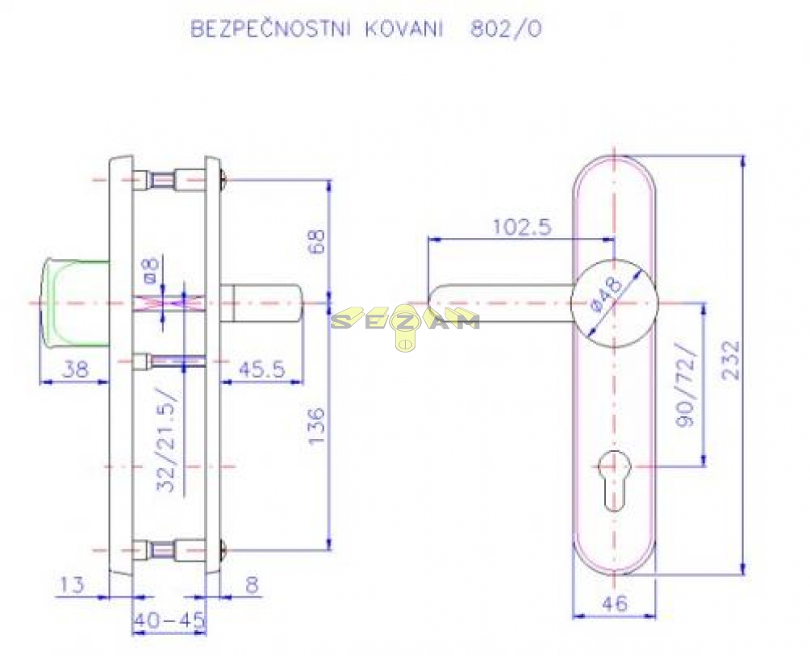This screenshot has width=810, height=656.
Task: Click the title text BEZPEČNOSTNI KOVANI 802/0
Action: tap(365, 29)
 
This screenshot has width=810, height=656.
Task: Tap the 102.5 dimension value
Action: tap(521, 228)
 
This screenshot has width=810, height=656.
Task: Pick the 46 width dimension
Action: tap(614, 604)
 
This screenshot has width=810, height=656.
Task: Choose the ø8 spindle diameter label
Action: tap(151, 270)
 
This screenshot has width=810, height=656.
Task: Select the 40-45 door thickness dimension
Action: tap(169, 621)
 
